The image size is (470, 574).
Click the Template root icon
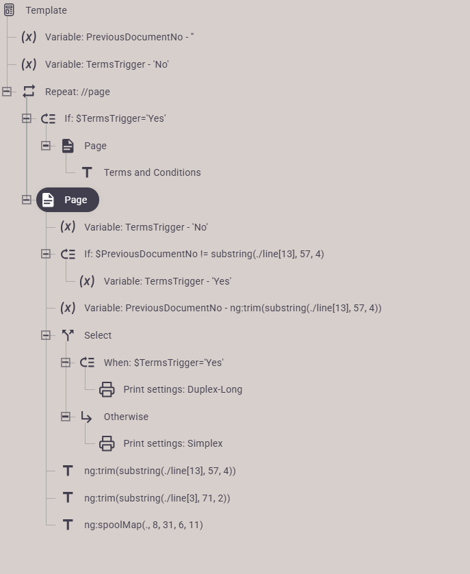tap(9, 10)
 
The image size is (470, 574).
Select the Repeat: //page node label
tap(77, 92)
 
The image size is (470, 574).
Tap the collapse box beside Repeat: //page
tap(7, 92)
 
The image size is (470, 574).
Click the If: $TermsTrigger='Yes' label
tap(115, 118)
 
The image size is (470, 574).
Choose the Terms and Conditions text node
tap(153, 172)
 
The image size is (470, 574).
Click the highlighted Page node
tap(68, 200)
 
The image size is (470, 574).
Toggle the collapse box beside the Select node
tap(46, 335)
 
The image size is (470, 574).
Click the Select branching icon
tap(68, 335)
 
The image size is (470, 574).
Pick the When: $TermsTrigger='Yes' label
tap(164, 363)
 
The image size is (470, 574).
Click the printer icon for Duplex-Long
tap(107, 389)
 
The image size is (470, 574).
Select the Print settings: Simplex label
tap(173, 443)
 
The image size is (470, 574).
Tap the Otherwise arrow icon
tap(86, 417)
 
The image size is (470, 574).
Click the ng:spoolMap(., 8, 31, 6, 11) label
tap(144, 525)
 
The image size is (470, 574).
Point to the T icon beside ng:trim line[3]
tap(68, 497)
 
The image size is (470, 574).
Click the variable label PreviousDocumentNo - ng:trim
tap(233, 308)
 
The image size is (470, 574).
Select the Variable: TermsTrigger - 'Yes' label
tap(168, 281)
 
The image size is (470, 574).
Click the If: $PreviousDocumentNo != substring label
tap(204, 254)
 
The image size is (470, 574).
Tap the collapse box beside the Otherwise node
tap(66, 417)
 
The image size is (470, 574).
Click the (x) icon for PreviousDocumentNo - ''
tap(29, 37)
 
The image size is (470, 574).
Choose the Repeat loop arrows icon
tap(29, 92)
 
